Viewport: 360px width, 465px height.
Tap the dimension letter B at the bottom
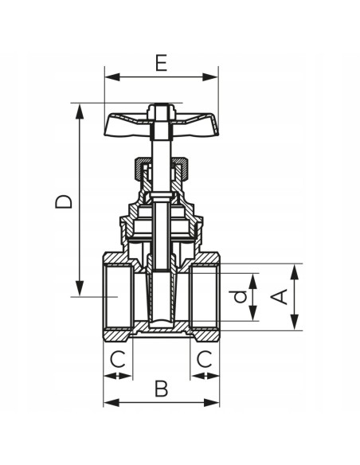point(162,389)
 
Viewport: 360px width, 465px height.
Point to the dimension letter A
point(279,296)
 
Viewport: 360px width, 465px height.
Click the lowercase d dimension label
point(237,297)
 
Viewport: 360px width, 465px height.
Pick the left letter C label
point(118,359)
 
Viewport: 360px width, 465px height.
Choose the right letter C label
point(205,359)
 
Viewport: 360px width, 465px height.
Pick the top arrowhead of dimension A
point(294,268)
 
